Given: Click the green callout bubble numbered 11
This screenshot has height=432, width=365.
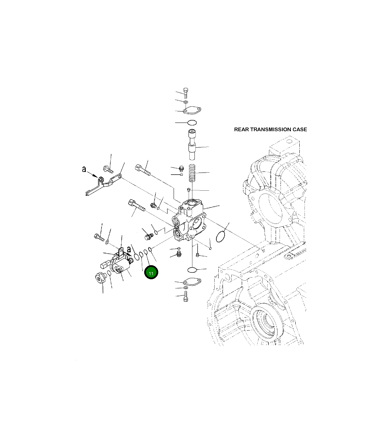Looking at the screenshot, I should point(151,272).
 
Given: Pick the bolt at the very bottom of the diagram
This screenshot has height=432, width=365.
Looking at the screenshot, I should point(186,297).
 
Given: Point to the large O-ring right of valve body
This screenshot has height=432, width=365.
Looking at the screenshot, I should point(221,236).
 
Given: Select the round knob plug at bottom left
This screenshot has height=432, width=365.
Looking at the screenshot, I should point(100,278).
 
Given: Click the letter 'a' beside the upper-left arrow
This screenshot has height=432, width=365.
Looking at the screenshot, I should point(84,169).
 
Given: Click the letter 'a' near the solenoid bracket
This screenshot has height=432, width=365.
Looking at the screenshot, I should point(129,250).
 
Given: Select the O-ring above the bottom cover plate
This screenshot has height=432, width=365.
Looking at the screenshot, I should point(192,270).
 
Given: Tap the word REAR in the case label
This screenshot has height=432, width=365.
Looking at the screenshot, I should point(241,130).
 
